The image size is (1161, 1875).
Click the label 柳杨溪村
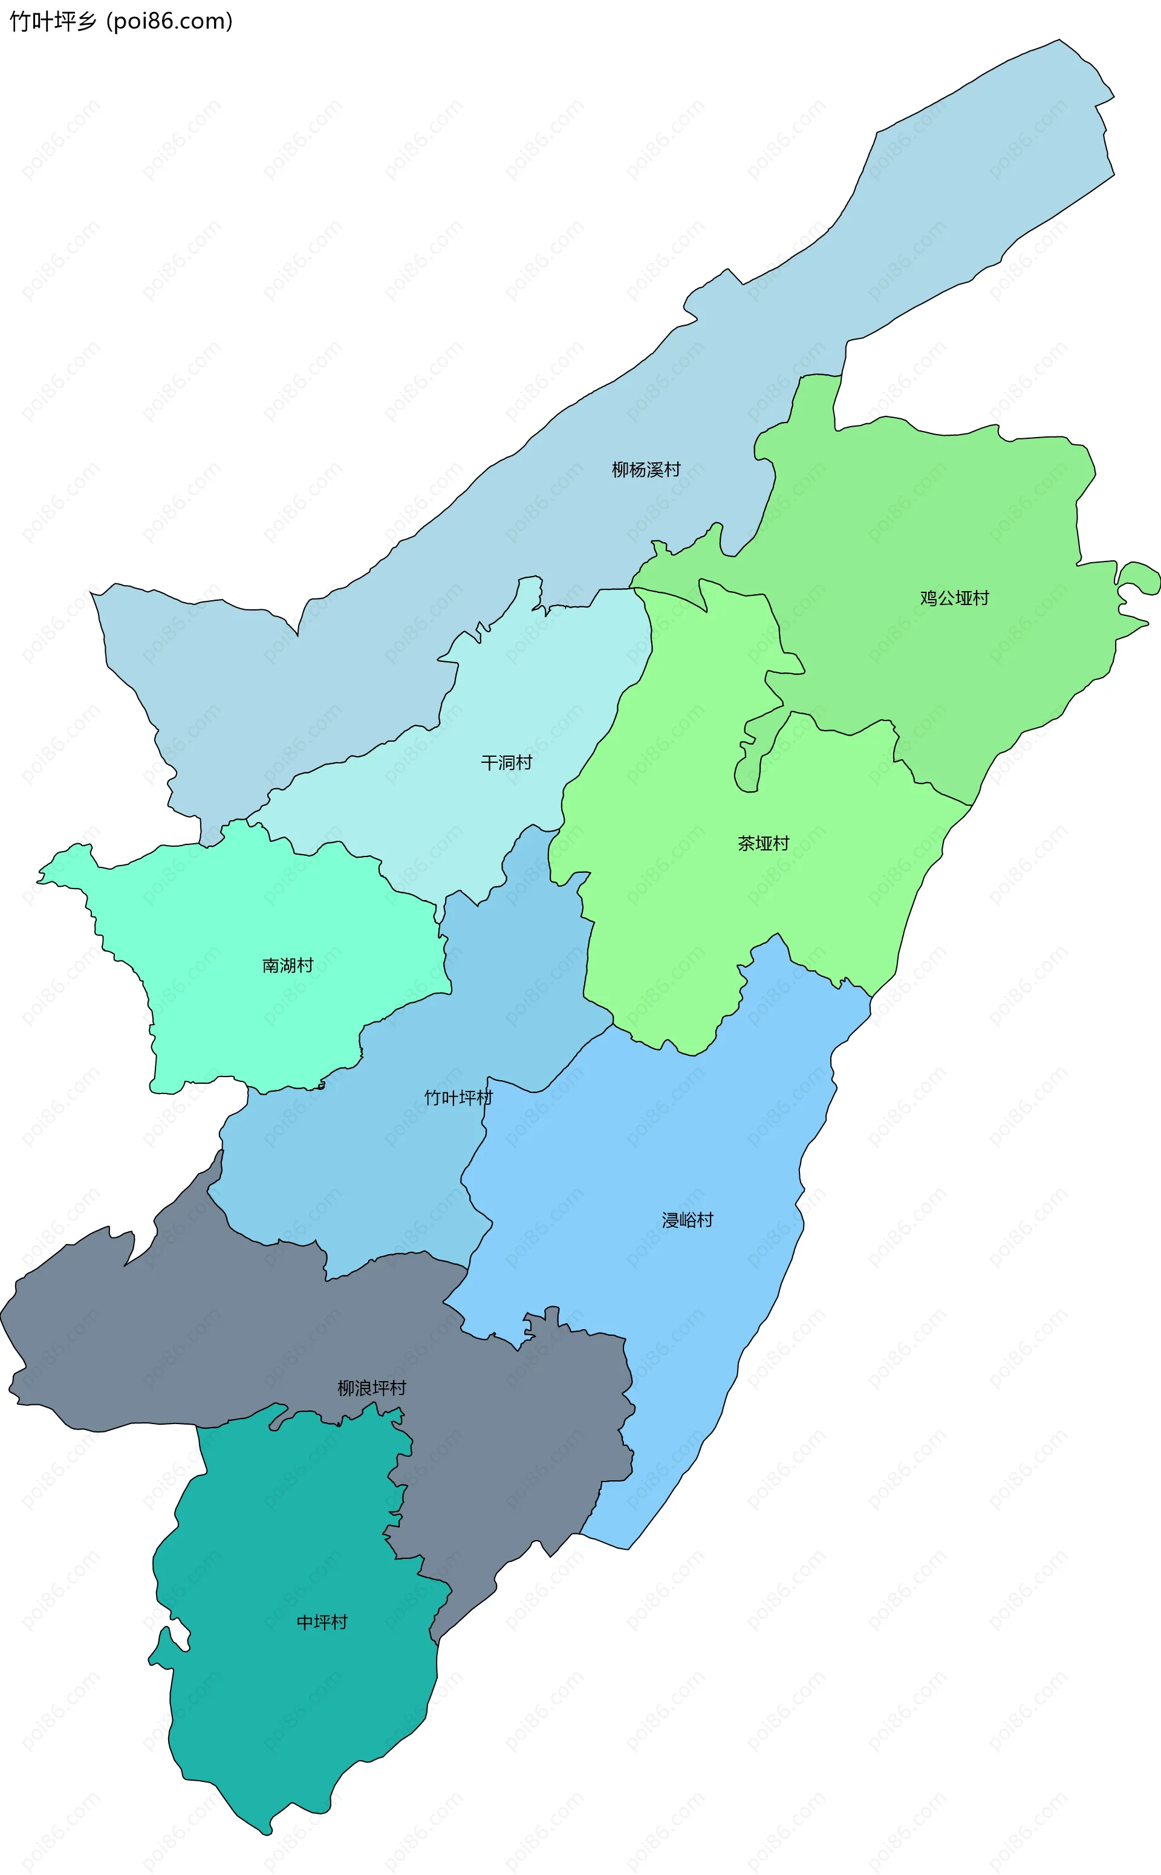[x=646, y=470]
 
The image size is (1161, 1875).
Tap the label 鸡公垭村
[x=954, y=598]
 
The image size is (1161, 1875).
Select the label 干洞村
[x=506, y=762]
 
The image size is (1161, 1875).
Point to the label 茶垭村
[x=763, y=843]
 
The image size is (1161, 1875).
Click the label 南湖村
[x=288, y=965]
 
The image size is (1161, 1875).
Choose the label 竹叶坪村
[x=458, y=1098]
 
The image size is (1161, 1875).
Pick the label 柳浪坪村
[x=372, y=1388]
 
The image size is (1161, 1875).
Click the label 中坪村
[x=322, y=1622]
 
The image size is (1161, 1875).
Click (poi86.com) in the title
[x=170, y=22]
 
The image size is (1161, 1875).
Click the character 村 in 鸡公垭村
[x=981, y=598]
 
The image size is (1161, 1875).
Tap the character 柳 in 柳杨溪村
[x=620, y=470]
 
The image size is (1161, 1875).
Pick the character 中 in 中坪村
[x=305, y=1622]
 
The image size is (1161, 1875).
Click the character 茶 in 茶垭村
[x=746, y=843]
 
